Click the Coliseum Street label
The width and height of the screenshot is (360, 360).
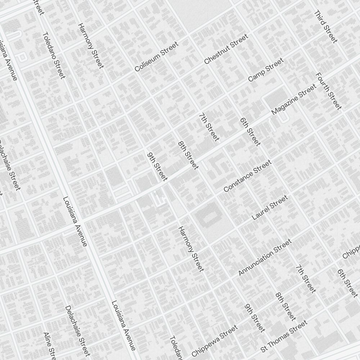(x=157, y=57)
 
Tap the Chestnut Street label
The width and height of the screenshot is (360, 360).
(x=226, y=49)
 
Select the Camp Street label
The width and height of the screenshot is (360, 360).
(x=266, y=70)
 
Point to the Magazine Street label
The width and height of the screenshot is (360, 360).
(x=294, y=99)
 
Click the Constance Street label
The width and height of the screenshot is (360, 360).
(x=247, y=176)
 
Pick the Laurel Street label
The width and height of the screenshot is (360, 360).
(x=270, y=207)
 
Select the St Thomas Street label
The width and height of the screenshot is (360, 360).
(x=284, y=337)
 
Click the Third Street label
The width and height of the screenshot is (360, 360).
(x=326, y=27)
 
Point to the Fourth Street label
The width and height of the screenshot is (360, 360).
(x=328, y=91)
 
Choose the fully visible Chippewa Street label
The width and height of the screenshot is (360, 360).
(x=215, y=340)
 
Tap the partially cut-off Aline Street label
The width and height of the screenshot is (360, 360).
(x=49, y=346)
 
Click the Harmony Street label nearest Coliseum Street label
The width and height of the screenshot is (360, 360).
(x=91, y=46)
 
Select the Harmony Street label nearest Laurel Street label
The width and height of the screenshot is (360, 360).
(x=191, y=249)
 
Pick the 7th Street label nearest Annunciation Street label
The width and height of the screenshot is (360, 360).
(x=306, y=279)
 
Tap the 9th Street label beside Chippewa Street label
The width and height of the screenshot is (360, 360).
(x=255, y=318)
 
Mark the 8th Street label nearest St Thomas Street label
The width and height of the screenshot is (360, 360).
(x=285, y=306)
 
